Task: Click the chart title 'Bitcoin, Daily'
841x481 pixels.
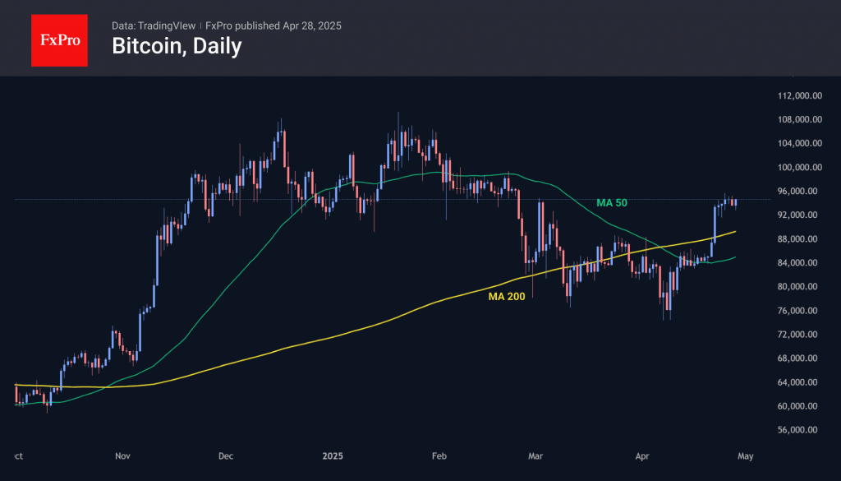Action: [x=177, y=47]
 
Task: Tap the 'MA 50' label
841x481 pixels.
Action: [x=614, y=202]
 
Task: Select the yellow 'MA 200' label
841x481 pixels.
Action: [x=507, y=296]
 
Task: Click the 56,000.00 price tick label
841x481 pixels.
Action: [x=801, y=430]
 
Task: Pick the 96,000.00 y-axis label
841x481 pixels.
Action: [x=801, y=192]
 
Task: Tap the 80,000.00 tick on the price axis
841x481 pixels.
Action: [x=801, y=287]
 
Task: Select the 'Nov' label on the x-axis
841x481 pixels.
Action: [x=123, y=456]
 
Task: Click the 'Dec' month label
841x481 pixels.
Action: [x=227, y=456]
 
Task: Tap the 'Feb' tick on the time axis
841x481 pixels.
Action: [x=439, y=456]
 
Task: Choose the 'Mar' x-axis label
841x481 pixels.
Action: [x=536, y=456]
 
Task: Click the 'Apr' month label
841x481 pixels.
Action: [x=642, y=456]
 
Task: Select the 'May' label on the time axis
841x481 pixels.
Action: [x=745, y=456]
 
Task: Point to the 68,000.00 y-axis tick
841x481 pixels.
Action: [x=801, y=358]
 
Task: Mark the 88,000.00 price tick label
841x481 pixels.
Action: [x=801, y=239]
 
